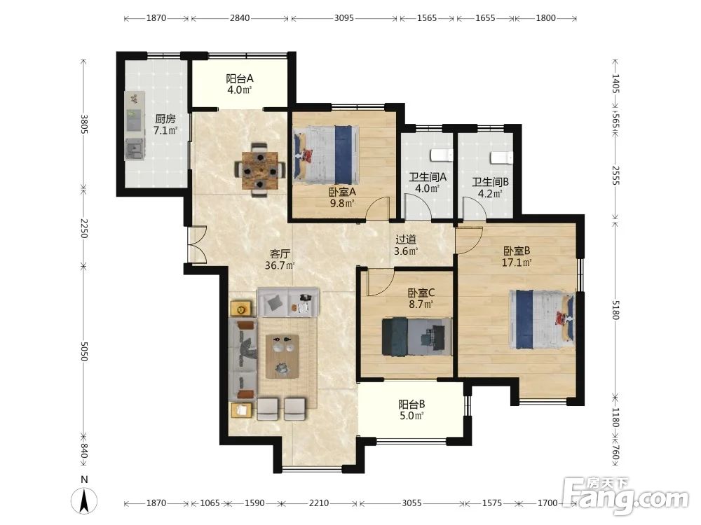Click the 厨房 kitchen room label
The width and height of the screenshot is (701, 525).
[165, 119]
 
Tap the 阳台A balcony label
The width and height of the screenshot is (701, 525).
[240, 79]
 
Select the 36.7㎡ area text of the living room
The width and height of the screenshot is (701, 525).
[280, 266]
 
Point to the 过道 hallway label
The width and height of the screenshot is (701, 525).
[406, 239]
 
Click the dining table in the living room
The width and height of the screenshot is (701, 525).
[260, 170]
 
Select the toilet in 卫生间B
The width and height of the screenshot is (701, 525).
[501, 158]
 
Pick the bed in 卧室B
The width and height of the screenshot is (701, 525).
[543, 319]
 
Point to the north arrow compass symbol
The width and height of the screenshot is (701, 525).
[83, 501]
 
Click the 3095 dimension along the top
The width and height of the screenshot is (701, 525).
[343, 18]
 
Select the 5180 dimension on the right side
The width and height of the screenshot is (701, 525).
[615, 310]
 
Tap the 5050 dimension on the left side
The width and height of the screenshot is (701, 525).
[83, 351]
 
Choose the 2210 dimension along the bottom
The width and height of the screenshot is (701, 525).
[319, 503]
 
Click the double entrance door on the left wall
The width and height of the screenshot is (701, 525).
[196, 244]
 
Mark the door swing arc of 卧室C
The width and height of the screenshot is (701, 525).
[380, 283]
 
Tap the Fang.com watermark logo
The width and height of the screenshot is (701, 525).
[626, 495]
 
